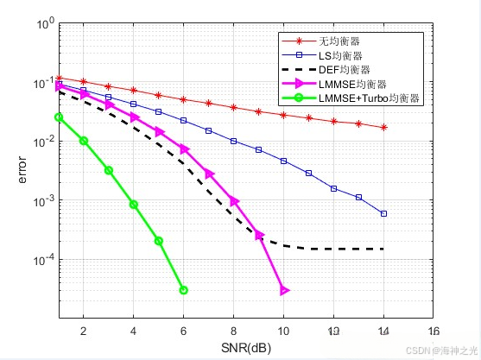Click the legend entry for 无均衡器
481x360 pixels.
[x=339, y=41]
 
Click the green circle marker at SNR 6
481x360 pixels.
[x=183, y=290]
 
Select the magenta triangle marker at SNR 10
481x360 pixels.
[x=284, y=290]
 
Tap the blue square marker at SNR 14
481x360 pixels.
[x=383, y=213]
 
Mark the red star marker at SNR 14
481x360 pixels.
[x=383, y=127]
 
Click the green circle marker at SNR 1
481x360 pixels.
[x=59, y=117]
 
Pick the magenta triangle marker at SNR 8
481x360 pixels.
[x=234, y=201]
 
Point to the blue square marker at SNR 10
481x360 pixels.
[x=284, y=161]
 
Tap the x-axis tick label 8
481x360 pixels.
[x=233, y=330]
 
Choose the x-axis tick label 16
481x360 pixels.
[x=434, y=330]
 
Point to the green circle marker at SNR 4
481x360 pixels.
[x=134, y=205]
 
